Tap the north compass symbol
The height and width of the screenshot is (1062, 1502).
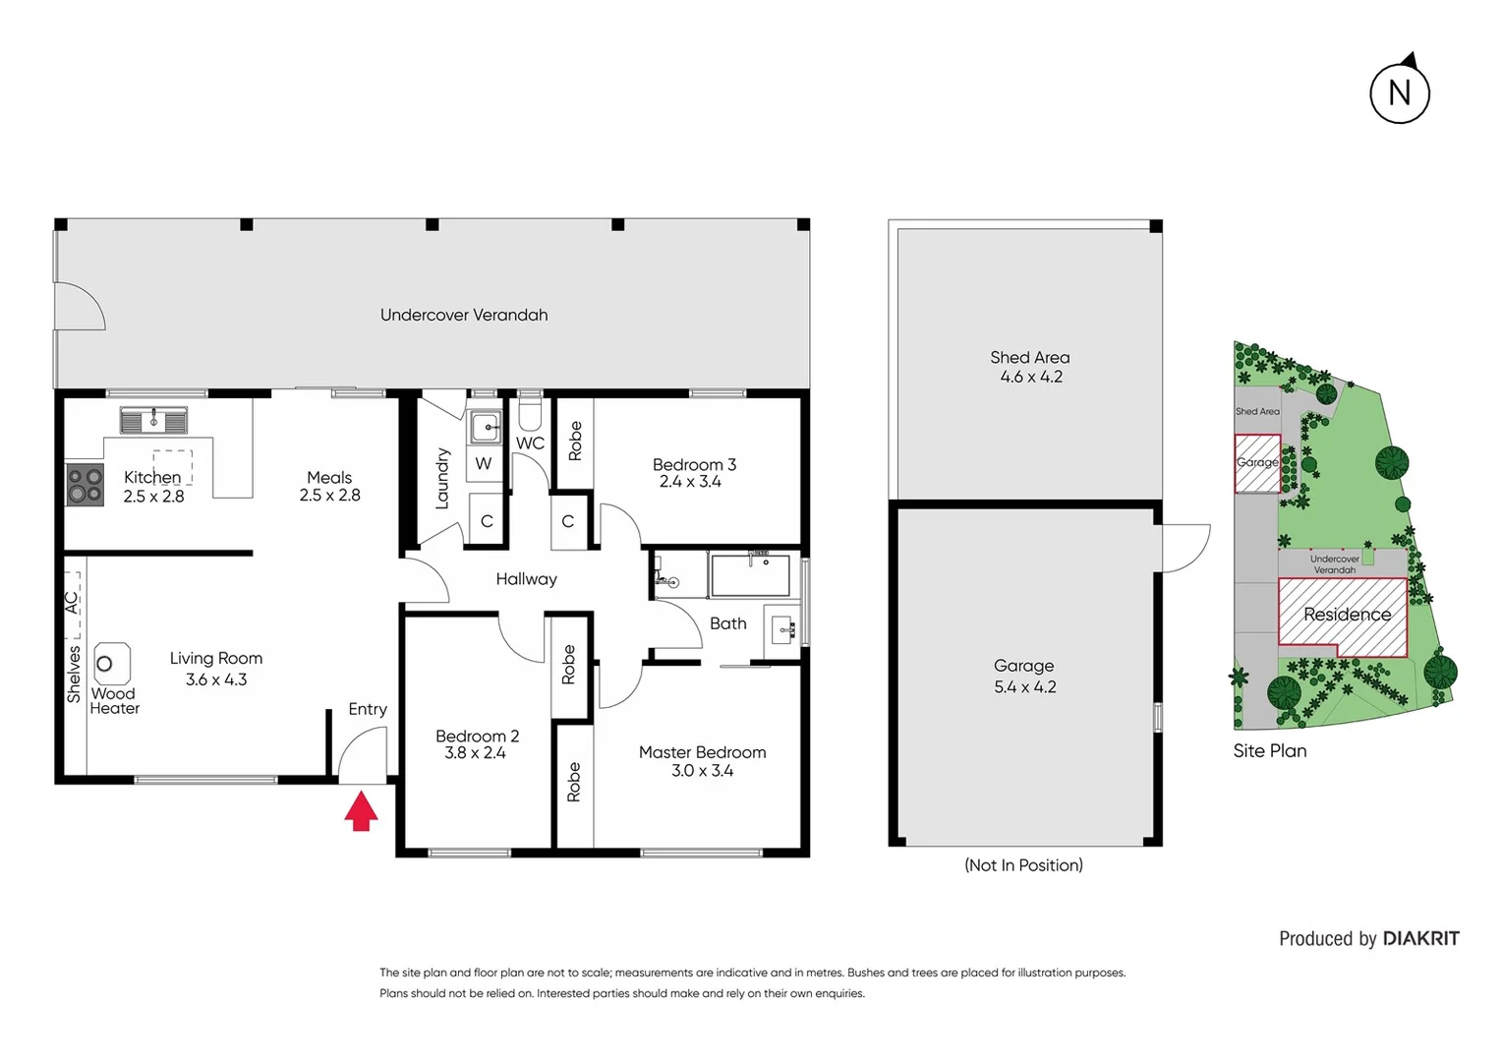coord(1399,92)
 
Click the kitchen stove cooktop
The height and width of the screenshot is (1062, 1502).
coord(85,485)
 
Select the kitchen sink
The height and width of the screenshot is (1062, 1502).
coord(153,421)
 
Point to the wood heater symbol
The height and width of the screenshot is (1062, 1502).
coord(111,664)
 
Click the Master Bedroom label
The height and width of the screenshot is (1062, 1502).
coord(702,752)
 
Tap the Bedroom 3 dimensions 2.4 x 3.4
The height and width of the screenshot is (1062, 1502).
coord(690,482)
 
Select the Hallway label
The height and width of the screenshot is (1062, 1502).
coord(526,579)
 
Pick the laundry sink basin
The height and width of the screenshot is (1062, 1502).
coord(485,428)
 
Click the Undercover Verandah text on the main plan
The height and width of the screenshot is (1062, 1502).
coord(464,315)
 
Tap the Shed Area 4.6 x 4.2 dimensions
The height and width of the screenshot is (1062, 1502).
coord(1030,377)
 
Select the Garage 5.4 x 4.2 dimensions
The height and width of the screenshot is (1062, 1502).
coord(1024,687)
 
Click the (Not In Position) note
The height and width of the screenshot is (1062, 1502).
coord(1023,865)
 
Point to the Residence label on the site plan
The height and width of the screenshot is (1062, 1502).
coord(1347,615)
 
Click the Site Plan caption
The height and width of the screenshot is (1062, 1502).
coord(1269,750)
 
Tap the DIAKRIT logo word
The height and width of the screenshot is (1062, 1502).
coord(1420,938)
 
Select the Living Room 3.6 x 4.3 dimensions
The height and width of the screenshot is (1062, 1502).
coord(215,679)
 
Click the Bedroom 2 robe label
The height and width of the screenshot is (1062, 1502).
coord(568,665)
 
